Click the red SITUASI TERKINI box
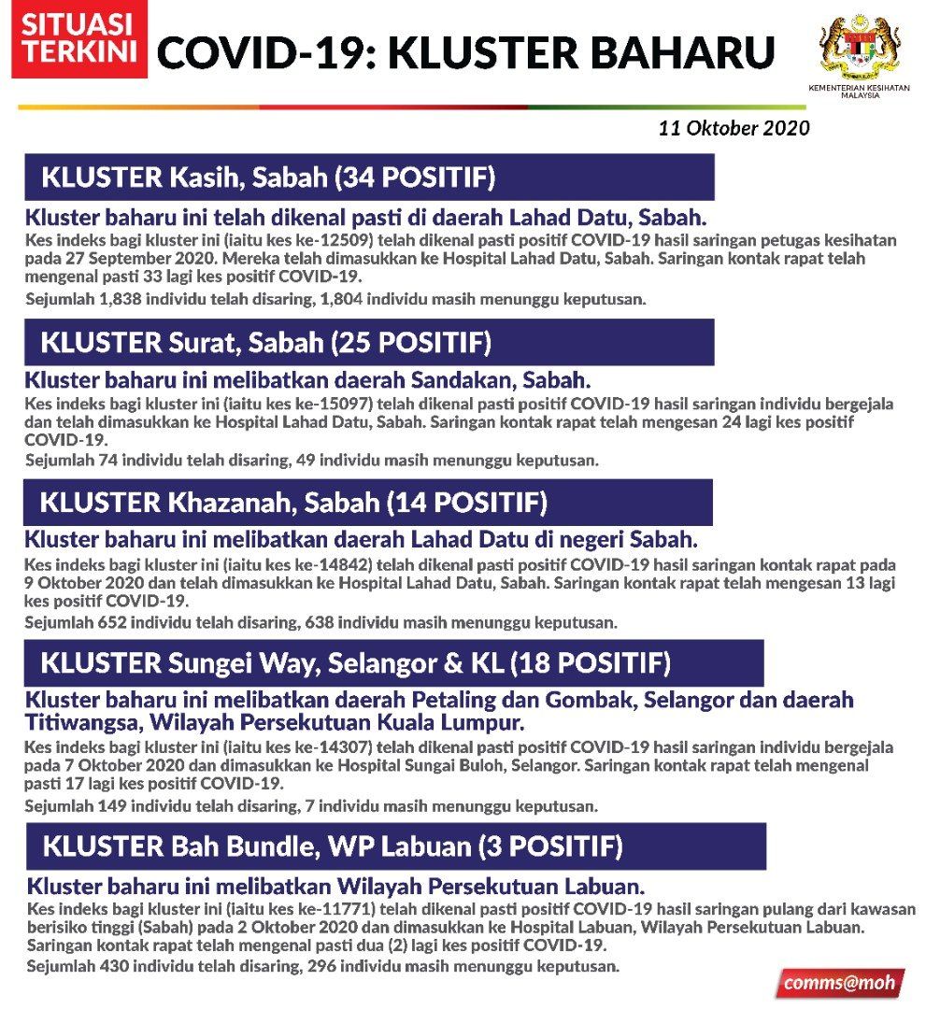78,43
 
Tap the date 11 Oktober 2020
734,128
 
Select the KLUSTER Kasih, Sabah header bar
369,178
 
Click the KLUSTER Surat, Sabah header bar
369,342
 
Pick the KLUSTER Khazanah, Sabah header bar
368,503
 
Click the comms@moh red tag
839,983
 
